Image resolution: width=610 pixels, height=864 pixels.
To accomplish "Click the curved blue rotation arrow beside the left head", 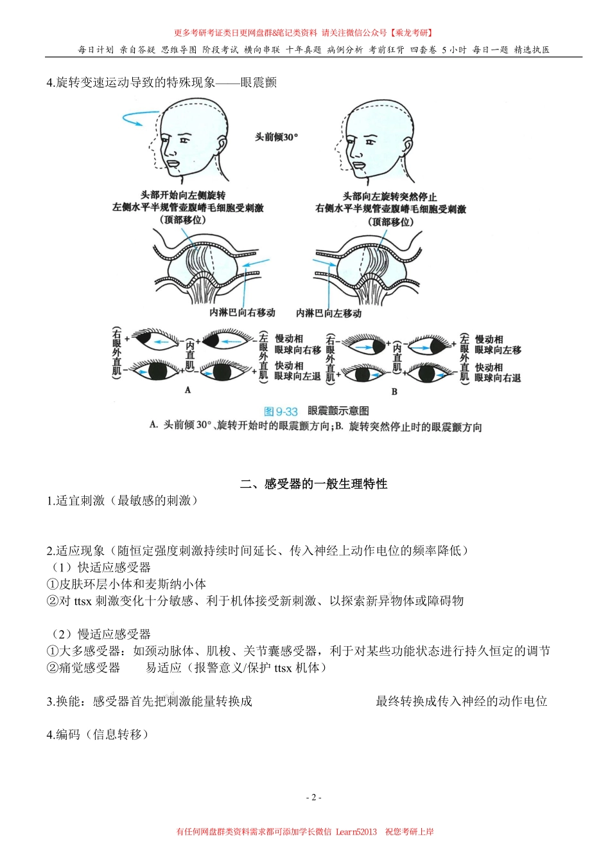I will [x=140, y=119].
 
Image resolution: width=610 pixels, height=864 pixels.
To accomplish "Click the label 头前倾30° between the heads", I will [x=276, y=137].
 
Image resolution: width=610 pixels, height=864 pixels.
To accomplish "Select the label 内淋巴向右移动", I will [x=242, y=312].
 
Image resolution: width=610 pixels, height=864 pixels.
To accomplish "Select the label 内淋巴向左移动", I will [x=329, y=313].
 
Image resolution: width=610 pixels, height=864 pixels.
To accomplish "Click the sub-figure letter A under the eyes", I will [x=187, y=390].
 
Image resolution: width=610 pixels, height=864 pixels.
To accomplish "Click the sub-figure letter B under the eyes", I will [x=394, y=391].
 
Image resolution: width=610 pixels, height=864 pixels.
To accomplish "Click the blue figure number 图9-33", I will [x=281, y=411].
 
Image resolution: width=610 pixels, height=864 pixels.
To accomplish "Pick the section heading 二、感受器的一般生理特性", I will [x=313, y=483].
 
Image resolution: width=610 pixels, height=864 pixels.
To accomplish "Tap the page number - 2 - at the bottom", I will [x=313, y=797].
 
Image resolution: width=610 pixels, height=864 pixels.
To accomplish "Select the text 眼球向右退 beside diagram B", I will [x=498, y=378].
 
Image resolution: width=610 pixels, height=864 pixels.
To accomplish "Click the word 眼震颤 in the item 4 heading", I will [x=259, y=82].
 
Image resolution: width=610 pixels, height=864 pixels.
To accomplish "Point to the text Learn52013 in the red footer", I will [x=356, y=832].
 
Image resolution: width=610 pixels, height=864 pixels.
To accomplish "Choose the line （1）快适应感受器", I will [x=101, y=567].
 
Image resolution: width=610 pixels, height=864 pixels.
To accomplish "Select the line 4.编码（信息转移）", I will [x=98, y=734].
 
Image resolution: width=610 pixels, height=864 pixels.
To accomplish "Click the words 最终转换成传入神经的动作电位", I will [x=461, y=701].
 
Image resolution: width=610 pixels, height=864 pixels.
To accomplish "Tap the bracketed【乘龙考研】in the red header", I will [x=412, y=33].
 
